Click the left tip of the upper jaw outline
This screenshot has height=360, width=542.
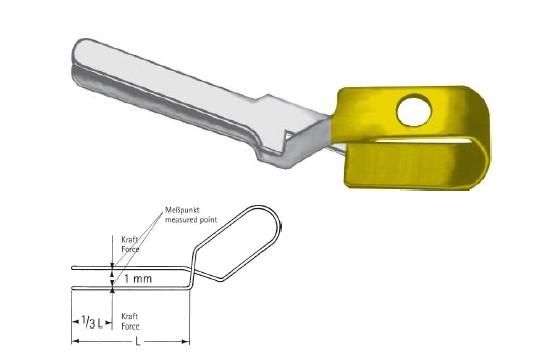click(73, 268)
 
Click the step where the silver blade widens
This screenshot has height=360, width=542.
click(265, 106)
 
